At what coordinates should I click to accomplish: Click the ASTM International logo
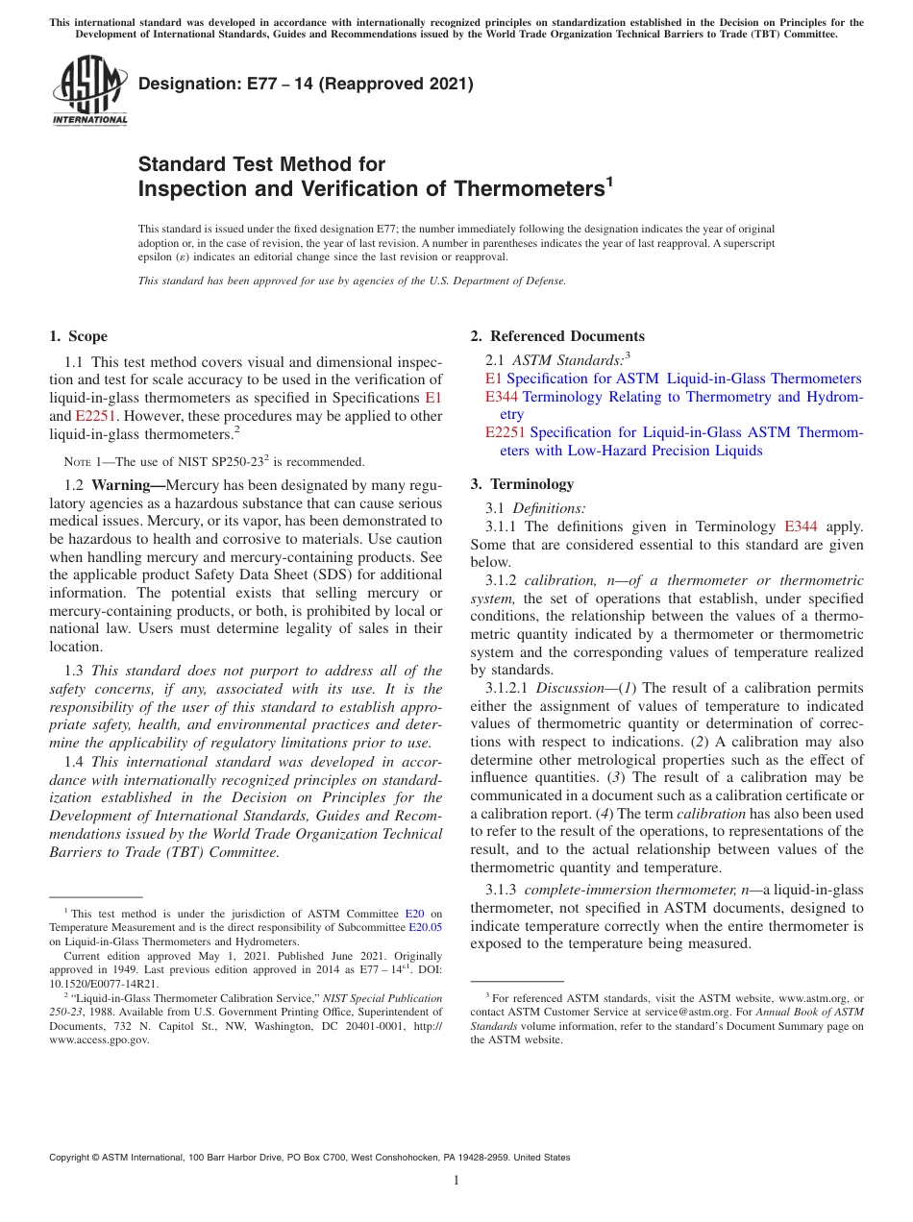[88, 91]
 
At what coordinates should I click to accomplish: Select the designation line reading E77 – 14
[306, 84]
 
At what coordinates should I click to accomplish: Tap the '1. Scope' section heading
[78, 336]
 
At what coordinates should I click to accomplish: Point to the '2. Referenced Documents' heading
[556, 336]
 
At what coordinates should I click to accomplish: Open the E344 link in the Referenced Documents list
[502, 397]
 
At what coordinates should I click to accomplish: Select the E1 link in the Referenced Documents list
[493, 379]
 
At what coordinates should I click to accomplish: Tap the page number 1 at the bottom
[456, 1181]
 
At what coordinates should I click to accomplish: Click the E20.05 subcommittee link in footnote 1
[426, 928]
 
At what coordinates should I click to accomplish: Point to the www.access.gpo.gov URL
[99, 1040]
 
